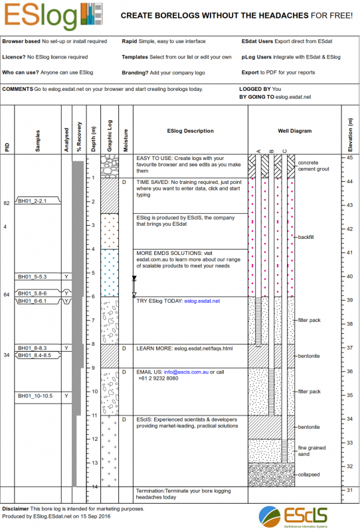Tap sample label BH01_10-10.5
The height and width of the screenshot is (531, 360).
(35, 396)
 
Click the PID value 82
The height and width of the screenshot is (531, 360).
(7, 203)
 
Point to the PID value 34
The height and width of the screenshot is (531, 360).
(7, 355)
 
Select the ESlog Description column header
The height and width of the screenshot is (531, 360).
(190, 131)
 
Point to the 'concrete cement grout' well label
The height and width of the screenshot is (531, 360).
(314, 165)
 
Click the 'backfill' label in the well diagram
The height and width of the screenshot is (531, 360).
(306, 237)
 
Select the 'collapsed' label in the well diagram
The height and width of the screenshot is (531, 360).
(309, 475)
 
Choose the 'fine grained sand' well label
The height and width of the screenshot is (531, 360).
(311, 451)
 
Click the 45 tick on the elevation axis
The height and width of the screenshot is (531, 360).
(349, 158)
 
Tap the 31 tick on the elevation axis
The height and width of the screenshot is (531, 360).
(349, 490)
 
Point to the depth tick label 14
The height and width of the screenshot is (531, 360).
(94, 487)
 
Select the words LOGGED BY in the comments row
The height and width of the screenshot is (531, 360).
(254, 88)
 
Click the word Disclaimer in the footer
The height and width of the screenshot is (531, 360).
(15, 508)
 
